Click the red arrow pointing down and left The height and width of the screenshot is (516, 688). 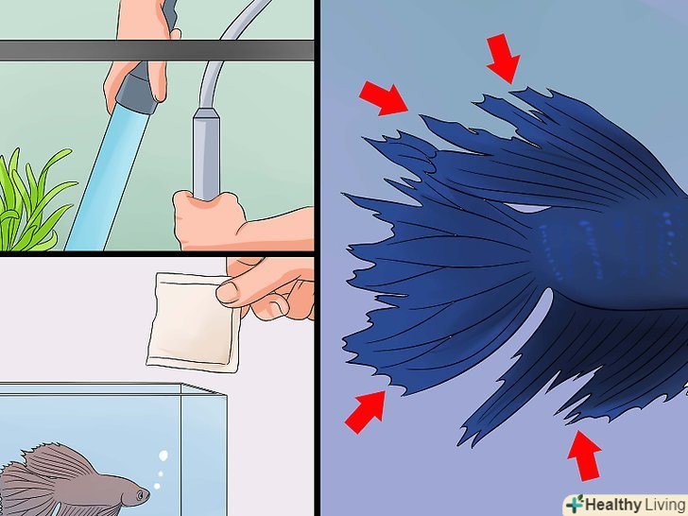click(x=504, y=58)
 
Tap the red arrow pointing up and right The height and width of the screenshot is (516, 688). click(x=366, y=412)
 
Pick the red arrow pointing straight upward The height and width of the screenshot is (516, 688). click(x=584, y=456)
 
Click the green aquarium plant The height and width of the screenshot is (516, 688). click(x=30, y=202)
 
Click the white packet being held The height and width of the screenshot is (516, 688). click(x=193, y=322)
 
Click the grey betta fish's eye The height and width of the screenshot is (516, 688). click(x=140, y=495)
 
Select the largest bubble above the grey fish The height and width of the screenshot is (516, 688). click(x=163, y=456)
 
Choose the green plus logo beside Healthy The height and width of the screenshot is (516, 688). click(x=575, y=504)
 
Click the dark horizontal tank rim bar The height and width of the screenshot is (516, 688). click(x=157, y=50)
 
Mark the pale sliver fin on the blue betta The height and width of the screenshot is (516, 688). click(x=526, y=208)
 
